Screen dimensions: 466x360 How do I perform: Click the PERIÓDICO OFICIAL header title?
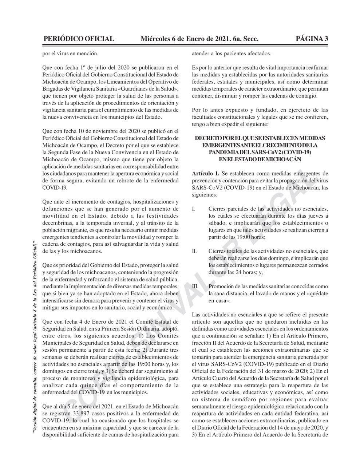[x=78, y=39]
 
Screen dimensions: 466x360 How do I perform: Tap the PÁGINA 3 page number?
[x=312, y=39]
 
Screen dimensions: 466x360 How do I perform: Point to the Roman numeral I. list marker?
[x=194, y=209]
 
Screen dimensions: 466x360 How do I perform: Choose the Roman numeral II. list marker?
[x=194, y=251]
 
